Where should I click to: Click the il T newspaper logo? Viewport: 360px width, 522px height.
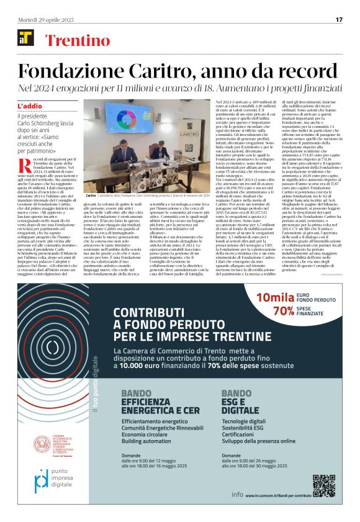[26, 41]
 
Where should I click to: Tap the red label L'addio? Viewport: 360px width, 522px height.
[30, 106]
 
